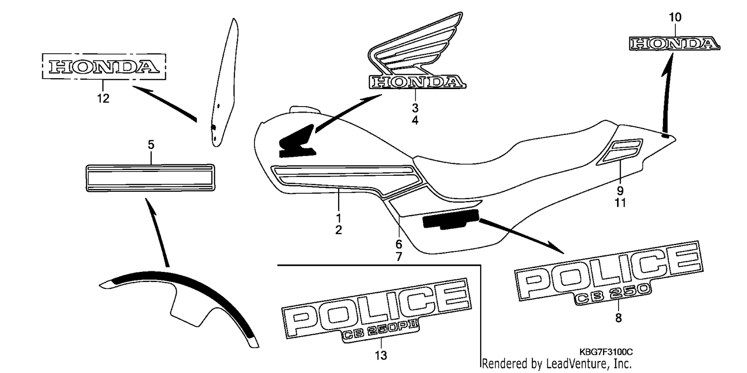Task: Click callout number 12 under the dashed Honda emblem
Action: [x=103, y=98]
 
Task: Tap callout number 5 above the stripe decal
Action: [x=151, y=144]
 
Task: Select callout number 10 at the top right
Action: [x=675, y=17]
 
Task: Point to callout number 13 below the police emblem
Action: [x=381, y=356]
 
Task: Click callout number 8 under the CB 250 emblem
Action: [x=619, y=318]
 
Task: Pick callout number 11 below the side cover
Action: [x=621, y=203]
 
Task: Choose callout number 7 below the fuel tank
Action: [x=399, y=256]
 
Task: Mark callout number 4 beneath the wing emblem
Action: [x=415, y=120]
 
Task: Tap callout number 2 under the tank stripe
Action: [x=339, y=230]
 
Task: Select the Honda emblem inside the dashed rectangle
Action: [x=104, y=67]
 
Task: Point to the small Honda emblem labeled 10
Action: [x=674, y=44]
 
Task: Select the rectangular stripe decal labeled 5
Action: [x=150, y=178]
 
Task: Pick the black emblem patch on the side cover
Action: [x=451, y=219]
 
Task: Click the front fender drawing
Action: [x=179, y=308]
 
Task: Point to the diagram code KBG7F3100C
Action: [x=606, y=352]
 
